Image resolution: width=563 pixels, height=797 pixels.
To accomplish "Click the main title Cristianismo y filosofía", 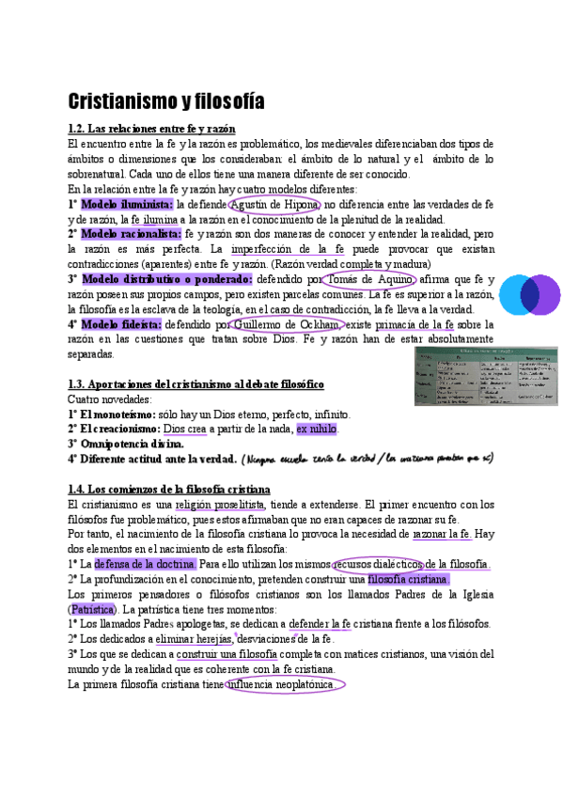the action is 166,101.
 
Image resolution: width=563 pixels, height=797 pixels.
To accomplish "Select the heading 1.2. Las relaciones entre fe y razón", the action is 151,128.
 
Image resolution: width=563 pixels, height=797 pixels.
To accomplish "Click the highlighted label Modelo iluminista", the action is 127,204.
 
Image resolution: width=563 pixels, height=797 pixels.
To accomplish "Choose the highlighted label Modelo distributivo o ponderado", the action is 166,279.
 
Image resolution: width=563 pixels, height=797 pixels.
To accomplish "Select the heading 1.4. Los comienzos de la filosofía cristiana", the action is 169,490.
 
